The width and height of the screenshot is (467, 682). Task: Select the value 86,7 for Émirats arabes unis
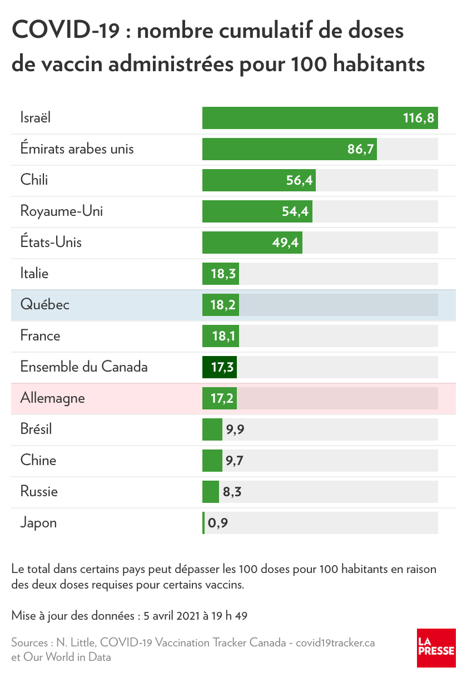[x=361, y=150]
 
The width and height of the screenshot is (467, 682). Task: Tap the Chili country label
[x=34, y=180]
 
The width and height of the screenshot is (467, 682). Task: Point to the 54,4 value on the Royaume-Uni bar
[x=296, y=212]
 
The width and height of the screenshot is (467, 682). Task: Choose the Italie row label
[x=34, y=274]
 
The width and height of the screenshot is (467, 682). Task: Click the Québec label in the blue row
[x=45, y=305]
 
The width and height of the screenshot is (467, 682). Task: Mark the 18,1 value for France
[x=223, y=337]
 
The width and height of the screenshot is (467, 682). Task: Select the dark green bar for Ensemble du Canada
[x=220, y=367]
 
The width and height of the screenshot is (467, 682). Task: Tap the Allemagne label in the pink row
[x=53, y=398]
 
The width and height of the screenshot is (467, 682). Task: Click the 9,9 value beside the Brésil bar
[x=235, y=429]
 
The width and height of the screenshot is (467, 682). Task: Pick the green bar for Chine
[x=212, y=461]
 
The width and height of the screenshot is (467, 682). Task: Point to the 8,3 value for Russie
[x=232, y=492]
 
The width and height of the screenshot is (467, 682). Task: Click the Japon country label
[x=38, y=523]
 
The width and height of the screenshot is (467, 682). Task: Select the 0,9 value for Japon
[x=218, y=523]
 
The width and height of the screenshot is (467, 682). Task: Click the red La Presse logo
[x=436, y=648]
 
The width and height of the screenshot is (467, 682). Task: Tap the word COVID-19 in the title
[x=66, y=31]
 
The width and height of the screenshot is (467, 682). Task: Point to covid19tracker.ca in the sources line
[x=335, y=643]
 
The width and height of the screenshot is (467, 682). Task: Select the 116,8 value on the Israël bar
[x=418, y=118]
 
